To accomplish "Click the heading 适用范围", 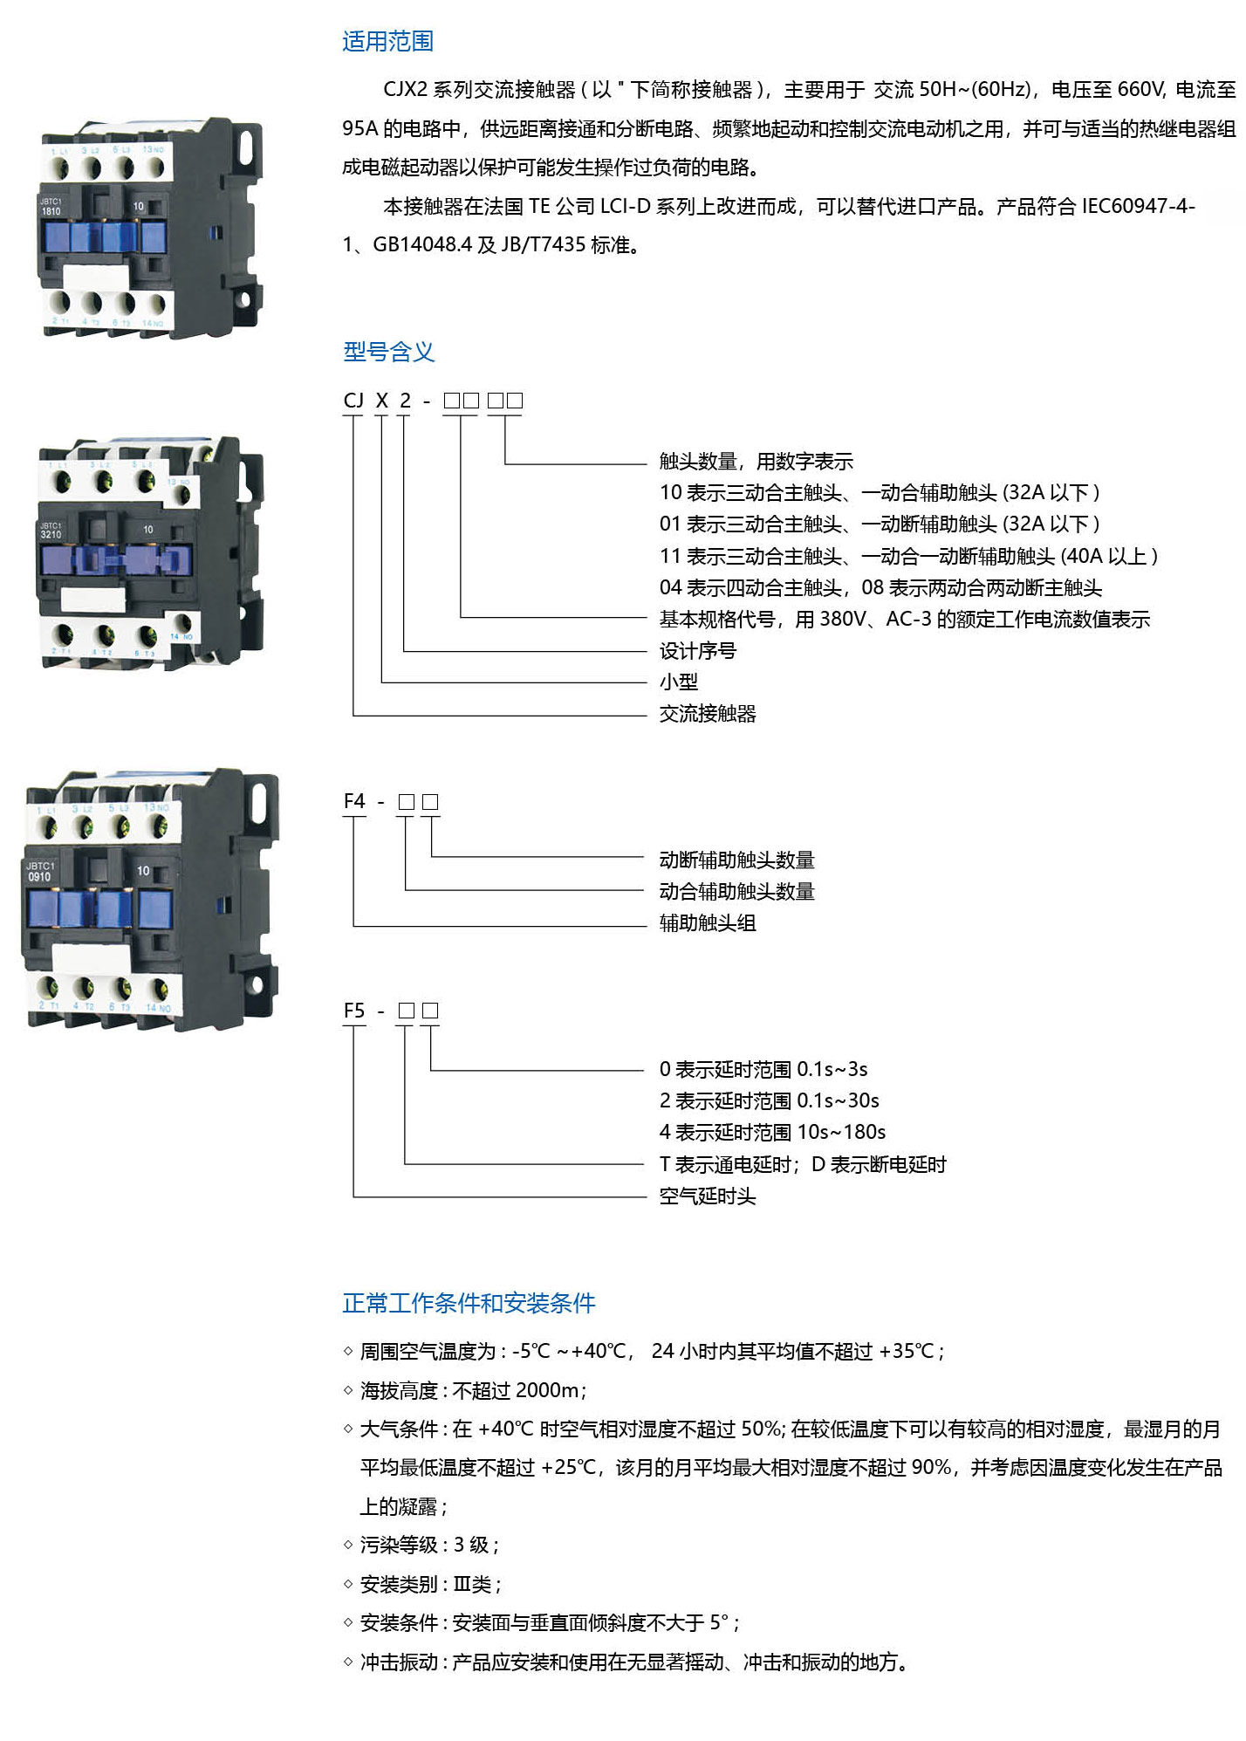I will point(387,41).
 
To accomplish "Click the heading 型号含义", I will point(388,352).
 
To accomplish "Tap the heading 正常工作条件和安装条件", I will point(469,1303).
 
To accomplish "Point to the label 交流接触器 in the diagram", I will point(707,714).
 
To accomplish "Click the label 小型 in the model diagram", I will point(678,682).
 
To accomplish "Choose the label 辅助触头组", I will point(707,923).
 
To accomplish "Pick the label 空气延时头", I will point(707,1196).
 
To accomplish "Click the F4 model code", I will point(354,801).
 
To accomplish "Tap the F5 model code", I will point(354,1011).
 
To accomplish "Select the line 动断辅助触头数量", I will point(736,860).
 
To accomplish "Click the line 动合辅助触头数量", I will point(736,892).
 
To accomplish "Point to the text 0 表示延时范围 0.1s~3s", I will point(763,1069).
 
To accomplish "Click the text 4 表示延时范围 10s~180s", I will point(772,1132).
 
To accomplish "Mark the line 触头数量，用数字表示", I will point(756,462).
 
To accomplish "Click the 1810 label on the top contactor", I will point(51,211).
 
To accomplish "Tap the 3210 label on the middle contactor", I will point(51,534).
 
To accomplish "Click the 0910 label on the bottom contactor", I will point(40,876).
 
